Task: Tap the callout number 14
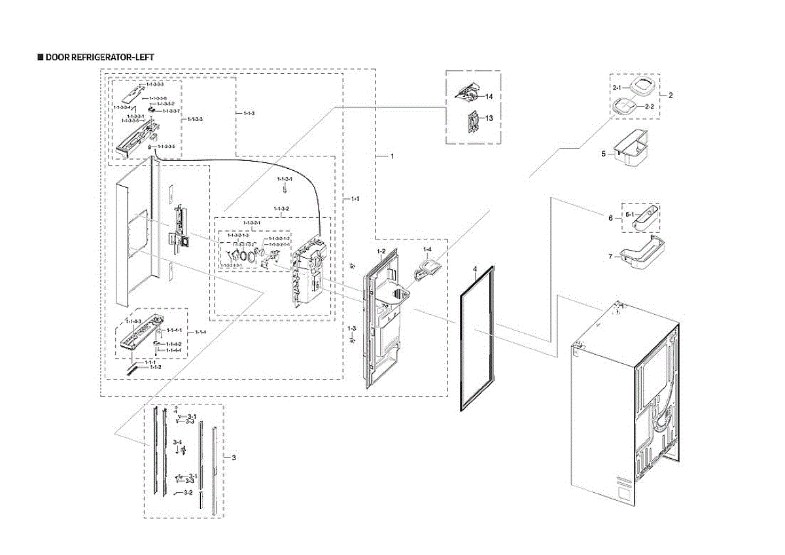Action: point(488,97)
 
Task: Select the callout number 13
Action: point(488,118)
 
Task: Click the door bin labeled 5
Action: point(631,150)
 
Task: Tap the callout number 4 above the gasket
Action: point(476,269)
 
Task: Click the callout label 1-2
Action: point(381,252)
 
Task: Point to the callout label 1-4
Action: point(427,251)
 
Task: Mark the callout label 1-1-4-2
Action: point(173,344)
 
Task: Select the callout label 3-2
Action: point(188,492)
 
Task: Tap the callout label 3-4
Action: point(177,443)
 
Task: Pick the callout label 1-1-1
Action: point(150,362)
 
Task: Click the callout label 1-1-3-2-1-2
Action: point(279,239)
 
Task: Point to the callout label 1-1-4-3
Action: point(133,321)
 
